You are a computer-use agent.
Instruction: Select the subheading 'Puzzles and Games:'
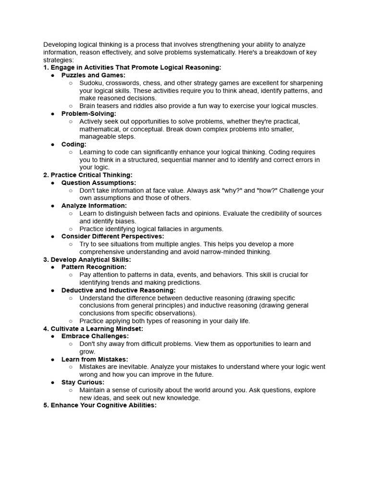[x=93, y=75]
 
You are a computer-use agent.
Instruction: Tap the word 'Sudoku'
[x=91, y=83]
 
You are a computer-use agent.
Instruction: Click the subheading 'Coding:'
[x=74, y=144]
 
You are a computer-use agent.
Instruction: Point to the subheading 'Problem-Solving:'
[x=89, y=113]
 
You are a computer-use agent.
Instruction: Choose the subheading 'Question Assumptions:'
[x=98, y=183]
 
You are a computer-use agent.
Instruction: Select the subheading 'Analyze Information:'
[x=94, y=206]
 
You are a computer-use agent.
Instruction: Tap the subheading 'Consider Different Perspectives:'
[x=112, y=236]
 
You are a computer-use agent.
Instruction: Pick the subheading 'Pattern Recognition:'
[x=94, y=267]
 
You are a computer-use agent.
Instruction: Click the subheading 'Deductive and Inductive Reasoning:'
[x=118, y=290]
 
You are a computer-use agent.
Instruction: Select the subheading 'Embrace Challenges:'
[x=95, y=336]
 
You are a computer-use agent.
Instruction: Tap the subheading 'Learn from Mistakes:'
[x=95, y=359]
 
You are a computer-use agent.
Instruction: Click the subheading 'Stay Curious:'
[x=82, y=382]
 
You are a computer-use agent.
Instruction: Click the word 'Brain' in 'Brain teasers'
[x=88, y=106]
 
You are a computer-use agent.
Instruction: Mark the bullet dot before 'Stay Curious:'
[x=53, y=382]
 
